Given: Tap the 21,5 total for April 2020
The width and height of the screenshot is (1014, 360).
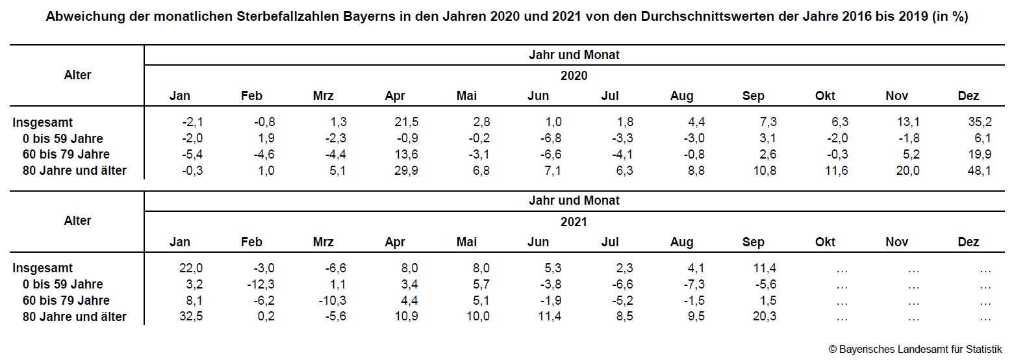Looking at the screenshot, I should (407, 122).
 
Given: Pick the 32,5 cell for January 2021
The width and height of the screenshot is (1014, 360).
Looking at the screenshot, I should (190, 317).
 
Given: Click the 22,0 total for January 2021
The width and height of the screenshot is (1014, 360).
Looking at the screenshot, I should (190, 268).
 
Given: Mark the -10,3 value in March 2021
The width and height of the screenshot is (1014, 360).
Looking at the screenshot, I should (333, 301).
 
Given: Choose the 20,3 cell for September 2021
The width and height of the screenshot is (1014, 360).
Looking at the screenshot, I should (764, 317).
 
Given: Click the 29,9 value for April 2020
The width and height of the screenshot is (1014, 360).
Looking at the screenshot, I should (407, 171).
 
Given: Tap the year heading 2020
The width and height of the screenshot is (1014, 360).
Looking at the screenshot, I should (574, 75).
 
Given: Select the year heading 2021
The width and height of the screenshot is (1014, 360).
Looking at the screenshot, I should (574, 222).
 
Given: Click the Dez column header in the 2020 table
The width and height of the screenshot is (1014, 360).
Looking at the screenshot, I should (968, 96).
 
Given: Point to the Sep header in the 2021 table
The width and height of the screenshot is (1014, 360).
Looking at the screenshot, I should (753, 242).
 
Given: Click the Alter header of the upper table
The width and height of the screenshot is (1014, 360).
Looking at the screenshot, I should (77, 75).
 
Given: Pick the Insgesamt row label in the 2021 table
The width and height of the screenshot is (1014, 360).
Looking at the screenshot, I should (43, 268).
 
